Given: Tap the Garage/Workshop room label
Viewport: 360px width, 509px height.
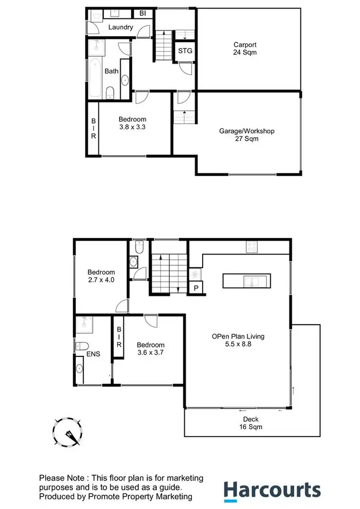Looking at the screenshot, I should [247, 134].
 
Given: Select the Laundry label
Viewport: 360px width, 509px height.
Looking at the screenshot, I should [120, 27].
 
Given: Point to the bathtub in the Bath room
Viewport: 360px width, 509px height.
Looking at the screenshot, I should [95, 77].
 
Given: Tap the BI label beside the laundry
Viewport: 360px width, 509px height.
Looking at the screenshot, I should [143, 13].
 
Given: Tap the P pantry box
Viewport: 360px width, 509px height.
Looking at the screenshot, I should [196, 288].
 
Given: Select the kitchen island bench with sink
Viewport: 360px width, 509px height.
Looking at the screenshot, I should [246, 280].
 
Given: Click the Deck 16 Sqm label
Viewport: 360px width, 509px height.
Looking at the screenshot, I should [252, 422].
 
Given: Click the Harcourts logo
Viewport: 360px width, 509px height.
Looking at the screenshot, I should [272, 491].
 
